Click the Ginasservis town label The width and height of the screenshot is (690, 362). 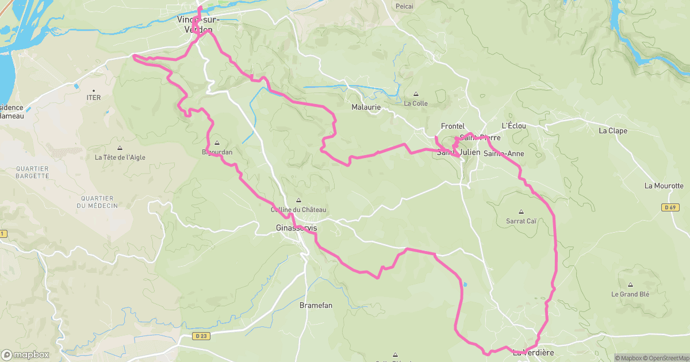click(297, 228)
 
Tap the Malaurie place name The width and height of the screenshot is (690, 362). click(366, 107)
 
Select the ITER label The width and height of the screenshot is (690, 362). click(94, 98)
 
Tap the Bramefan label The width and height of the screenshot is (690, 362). click(316, 306)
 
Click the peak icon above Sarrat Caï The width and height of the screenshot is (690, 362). click(521, 211)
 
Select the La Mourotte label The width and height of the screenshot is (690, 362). click(664, 186)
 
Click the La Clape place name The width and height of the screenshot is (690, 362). click(612, 130)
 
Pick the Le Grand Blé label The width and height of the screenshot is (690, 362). click(630, 294)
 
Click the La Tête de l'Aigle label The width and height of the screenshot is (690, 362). click(120, 157)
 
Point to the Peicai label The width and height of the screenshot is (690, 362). click(405, 6)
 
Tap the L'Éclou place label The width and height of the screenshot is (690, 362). click(513, 126)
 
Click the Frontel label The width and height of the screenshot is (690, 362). click(452, 126)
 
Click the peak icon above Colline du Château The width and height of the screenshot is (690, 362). click(298, 200)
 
